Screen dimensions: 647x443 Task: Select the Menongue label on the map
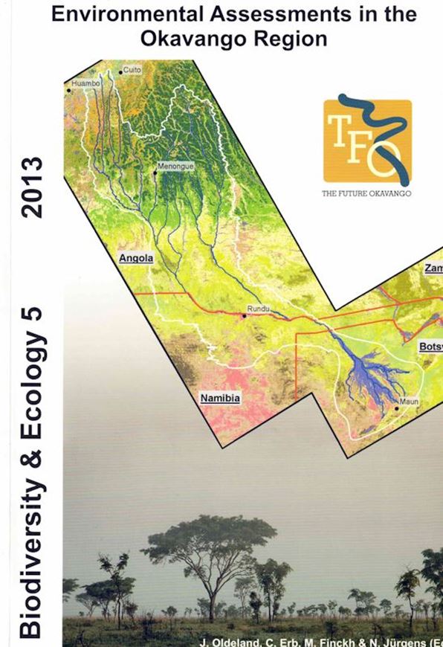(x=177, y=167)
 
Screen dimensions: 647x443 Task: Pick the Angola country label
(x=136, y=259)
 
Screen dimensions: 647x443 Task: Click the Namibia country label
(x=220, y=399)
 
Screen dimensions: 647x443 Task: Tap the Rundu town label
(x=255, y=308)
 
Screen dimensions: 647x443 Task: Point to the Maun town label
(x=410, y=402)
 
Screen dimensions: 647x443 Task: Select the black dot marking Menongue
(x=155, y=173)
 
